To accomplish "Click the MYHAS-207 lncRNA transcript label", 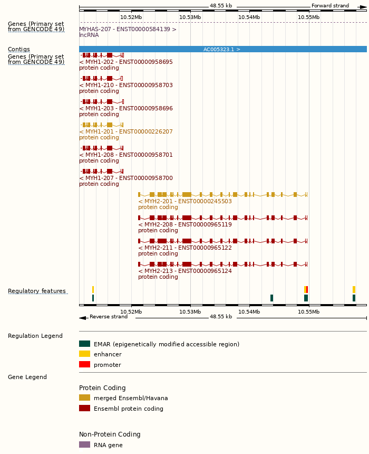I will click(128, 29).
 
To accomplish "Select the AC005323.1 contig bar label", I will click(222, 49).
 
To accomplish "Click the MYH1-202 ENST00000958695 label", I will click(126, 62).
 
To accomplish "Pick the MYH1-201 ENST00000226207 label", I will click(126, 131).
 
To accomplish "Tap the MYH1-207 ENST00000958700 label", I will click(126, 178).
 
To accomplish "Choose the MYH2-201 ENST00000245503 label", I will click(185, 201).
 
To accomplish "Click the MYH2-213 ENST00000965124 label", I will click(185, 271).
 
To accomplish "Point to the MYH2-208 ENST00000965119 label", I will click(185, 224).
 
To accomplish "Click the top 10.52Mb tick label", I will click(131, 17).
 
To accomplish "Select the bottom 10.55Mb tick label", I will click(308, 311).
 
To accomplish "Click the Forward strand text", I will click(330, 6).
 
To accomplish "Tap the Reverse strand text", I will click(109, 317).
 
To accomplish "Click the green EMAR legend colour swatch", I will click(84, 344).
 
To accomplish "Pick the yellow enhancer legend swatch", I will click(84, 354).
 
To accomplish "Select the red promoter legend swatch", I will click(84, 364).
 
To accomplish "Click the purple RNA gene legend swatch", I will click(84, 444).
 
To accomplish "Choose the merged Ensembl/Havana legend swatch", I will click(84, 398).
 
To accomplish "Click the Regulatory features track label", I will click(37, 291).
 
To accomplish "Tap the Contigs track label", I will click(19, 49).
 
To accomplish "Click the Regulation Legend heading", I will click(35, 336).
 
